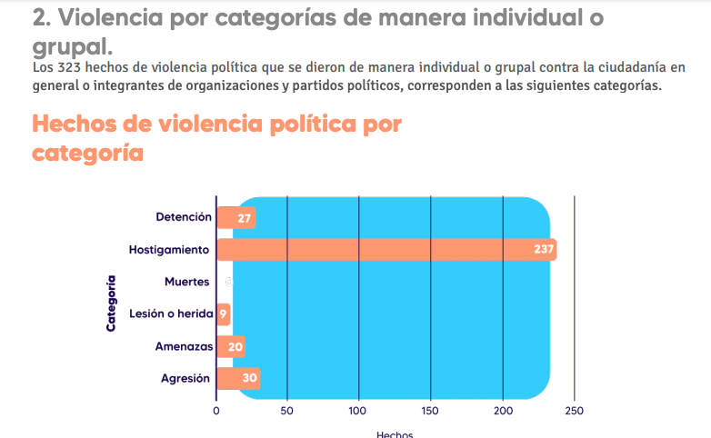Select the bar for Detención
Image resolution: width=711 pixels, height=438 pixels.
coord(235,218)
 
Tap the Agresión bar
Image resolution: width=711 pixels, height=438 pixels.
coord(238,379)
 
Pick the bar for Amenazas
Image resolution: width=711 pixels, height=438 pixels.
coord(231,346)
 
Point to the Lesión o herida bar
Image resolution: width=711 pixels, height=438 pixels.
coord(223,314)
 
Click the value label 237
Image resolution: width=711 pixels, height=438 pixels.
coord(544,250)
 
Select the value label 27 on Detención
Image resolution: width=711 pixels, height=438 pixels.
coord(245,218)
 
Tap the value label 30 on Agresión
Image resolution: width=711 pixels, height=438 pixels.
coord(249,379)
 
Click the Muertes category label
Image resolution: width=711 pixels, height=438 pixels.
coord(187,282)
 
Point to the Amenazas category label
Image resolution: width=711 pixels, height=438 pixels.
coord(184,346)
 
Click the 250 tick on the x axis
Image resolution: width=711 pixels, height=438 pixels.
coord(574,411)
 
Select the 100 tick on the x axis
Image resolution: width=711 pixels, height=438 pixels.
coord(359,411)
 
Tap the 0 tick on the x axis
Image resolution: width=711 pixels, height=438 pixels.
coord(216,411)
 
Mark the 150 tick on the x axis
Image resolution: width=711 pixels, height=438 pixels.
coord(431,411)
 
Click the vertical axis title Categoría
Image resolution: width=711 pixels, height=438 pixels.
coord(111,303)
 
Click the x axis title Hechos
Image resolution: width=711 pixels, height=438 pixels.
coord(395,433)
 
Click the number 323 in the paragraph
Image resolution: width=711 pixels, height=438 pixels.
coord(70,68)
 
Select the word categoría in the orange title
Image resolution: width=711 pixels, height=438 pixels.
coord(87,153)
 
